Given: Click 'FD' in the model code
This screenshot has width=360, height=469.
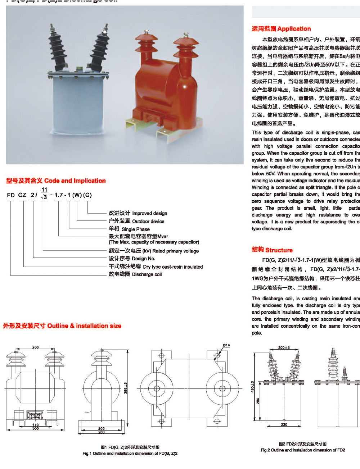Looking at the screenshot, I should [11, 195].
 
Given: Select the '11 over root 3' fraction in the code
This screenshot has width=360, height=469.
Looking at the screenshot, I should [44, 193].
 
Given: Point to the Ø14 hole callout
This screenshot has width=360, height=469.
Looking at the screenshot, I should [226, 345].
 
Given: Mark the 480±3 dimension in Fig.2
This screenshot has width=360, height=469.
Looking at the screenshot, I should [253, 387].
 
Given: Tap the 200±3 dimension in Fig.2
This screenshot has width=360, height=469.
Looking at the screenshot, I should [284, 347].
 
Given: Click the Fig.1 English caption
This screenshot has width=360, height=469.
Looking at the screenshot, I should [130, 454].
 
